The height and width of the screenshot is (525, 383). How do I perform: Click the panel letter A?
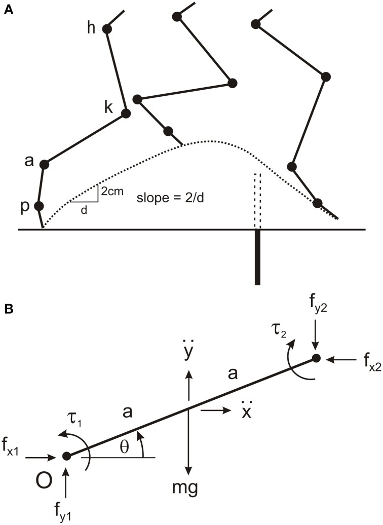8,10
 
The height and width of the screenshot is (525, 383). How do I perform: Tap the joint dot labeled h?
107,29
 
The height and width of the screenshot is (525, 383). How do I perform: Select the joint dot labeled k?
126,115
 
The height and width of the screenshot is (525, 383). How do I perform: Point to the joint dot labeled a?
44,164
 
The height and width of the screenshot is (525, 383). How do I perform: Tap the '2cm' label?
111,192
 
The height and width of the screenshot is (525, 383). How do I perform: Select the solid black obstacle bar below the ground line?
257,257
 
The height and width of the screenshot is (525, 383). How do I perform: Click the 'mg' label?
189,489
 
